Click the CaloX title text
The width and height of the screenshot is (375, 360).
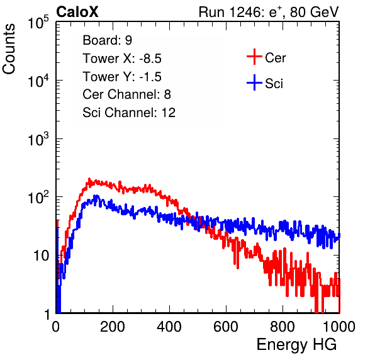tap(77, 12)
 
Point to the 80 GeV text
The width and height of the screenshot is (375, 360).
tap(315, 12)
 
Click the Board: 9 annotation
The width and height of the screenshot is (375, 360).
tap(108, 40)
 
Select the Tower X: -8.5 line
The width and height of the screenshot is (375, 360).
tap(122, 59)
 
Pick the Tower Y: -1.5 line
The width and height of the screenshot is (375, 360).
tap(122, 77)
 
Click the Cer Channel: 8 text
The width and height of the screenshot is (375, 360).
tap(126, 94)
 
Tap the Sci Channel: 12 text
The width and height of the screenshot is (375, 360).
tap(129, 113)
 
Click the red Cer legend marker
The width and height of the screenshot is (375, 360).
tap(254, 57)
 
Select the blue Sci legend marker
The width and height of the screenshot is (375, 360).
tap(254, 83)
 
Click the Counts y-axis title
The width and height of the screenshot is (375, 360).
tap(9, 49)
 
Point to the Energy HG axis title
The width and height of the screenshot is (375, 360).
tap(296, 345)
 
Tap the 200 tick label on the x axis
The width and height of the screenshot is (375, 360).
tap(113, 327)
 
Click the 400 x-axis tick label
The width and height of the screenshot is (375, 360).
tap(169, 327)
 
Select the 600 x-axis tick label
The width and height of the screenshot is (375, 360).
tap(226, 327)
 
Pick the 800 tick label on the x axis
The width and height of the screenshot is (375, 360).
tap(283, 327)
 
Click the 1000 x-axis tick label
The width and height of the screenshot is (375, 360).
tap(339, 327)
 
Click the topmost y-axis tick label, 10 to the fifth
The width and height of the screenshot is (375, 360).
tap(38, 22)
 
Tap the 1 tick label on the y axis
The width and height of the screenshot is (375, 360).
tap(47, 314)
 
